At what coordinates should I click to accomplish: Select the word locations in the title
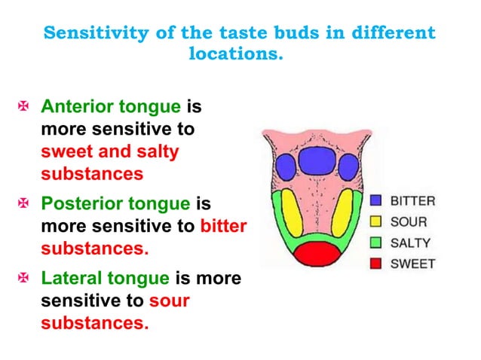[x=235, y=55]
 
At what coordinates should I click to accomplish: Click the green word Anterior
[x=73, y=108]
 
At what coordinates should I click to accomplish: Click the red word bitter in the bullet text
[x=224, y=225]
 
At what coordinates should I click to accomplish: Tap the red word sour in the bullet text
[x=169, y=301]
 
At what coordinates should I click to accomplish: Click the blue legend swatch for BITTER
[x=377, y=201]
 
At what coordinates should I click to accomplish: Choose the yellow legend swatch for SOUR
[x=377, y=222]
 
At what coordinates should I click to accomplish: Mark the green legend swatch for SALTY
[x=377, y=243]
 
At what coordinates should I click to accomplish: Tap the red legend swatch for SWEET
[x=377, y=264]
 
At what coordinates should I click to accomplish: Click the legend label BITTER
[x=412, y=201]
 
